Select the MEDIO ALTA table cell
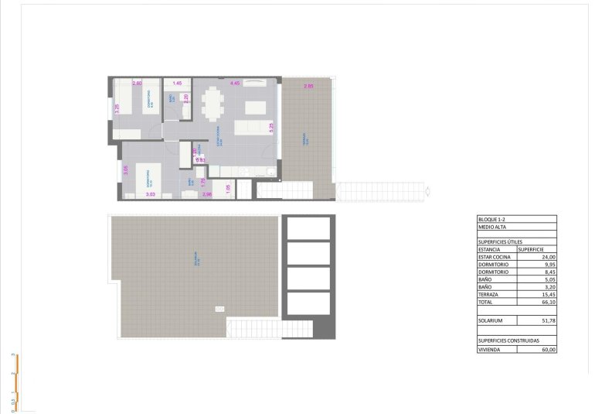(492, 228)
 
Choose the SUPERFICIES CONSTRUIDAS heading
(508, 340)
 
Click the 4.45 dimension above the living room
(236, 83)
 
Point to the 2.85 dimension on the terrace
(308, 86)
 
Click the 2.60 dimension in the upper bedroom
(138, 83)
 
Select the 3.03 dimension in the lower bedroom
(151, 195)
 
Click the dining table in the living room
(213, 104)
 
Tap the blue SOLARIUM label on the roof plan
(197, 259)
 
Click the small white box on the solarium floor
(219, 310)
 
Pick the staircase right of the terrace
(381, 190)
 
